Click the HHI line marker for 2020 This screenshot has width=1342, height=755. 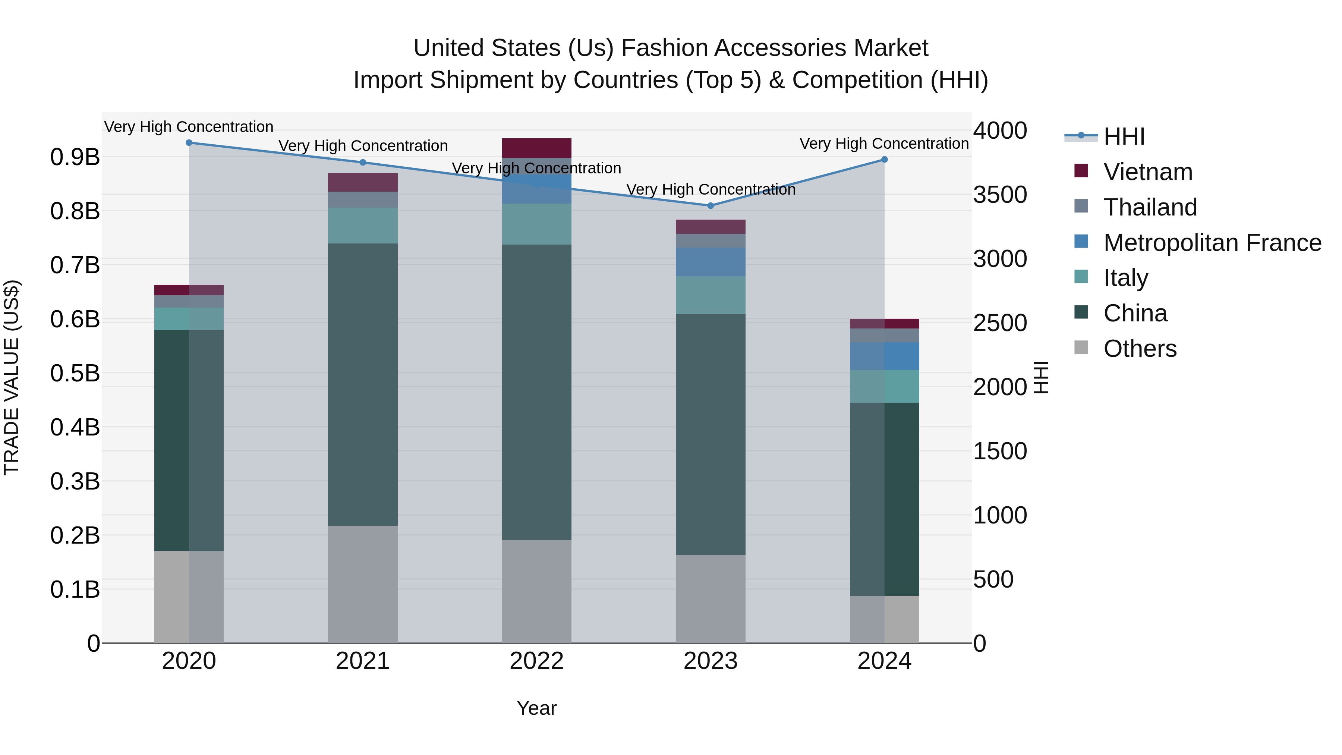coord(189,143)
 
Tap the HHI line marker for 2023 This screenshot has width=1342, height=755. coord(711,206)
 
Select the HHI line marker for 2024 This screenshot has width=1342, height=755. coord(884,160)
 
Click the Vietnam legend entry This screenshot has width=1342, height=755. coord(1148,172)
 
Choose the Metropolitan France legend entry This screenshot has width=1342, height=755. coord(1212,243)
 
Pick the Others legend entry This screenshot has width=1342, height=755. coord(1140,349)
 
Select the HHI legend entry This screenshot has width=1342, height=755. coord(1124,136)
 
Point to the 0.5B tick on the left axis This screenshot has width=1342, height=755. coord(75,374)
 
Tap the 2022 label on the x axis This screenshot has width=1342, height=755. coord(536,661)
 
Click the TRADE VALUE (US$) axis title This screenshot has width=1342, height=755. coord(12,377)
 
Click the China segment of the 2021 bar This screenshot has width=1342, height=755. coord(363,384)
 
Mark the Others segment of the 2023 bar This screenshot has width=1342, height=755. coord(711,599)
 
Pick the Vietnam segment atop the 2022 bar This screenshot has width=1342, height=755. coord(536,148)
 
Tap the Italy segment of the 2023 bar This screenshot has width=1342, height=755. coord(711,295)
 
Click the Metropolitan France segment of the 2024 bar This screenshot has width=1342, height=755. coord(884,356)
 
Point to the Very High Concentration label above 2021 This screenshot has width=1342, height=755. coord(363,146)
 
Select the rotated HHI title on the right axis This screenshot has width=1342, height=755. coord(1041,377)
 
